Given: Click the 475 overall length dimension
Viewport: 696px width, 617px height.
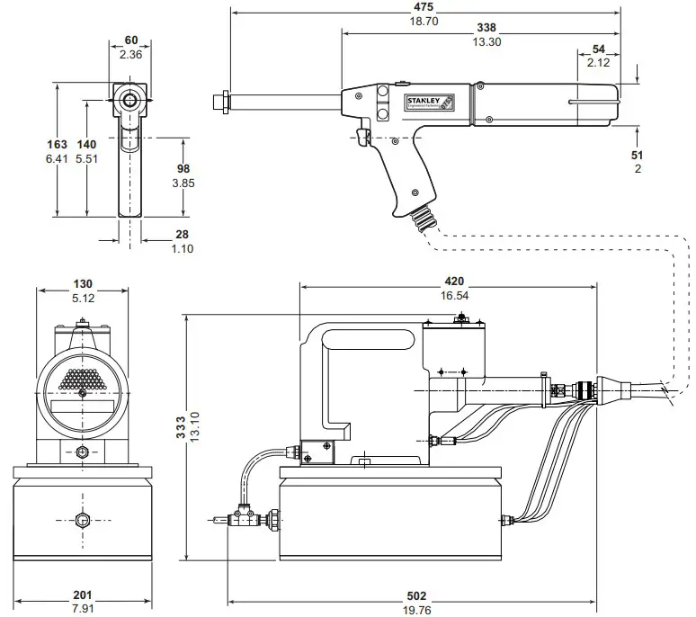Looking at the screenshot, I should pyautogui.click(x=424, y=6).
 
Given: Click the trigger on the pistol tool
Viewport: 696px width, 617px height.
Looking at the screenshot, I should pyautogui.click(x=363, y=138).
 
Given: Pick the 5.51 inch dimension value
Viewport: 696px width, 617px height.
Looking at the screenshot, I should pyautogui.click(x=86, y=158).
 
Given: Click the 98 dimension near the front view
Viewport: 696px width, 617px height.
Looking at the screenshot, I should pyautogui.click(x=183, y=169).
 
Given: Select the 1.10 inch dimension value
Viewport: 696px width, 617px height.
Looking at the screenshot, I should pyautogui.click(x=183, y=248).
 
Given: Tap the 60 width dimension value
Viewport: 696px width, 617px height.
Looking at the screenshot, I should pyautogui.click(x=130, y=40).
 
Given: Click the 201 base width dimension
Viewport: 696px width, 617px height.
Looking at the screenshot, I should pyautogui.click(x=82, y=596).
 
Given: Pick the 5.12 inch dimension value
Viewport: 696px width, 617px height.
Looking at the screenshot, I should pyautogui.click(x=82, y=298).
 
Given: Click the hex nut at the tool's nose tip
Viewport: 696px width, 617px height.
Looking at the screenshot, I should pyautogui.click(x=220, y=100).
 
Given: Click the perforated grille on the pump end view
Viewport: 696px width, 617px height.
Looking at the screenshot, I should pyautogui.click(x=82, y=380).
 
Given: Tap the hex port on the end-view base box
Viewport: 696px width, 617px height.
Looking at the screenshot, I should pyautogui.click(x=83, y=520).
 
